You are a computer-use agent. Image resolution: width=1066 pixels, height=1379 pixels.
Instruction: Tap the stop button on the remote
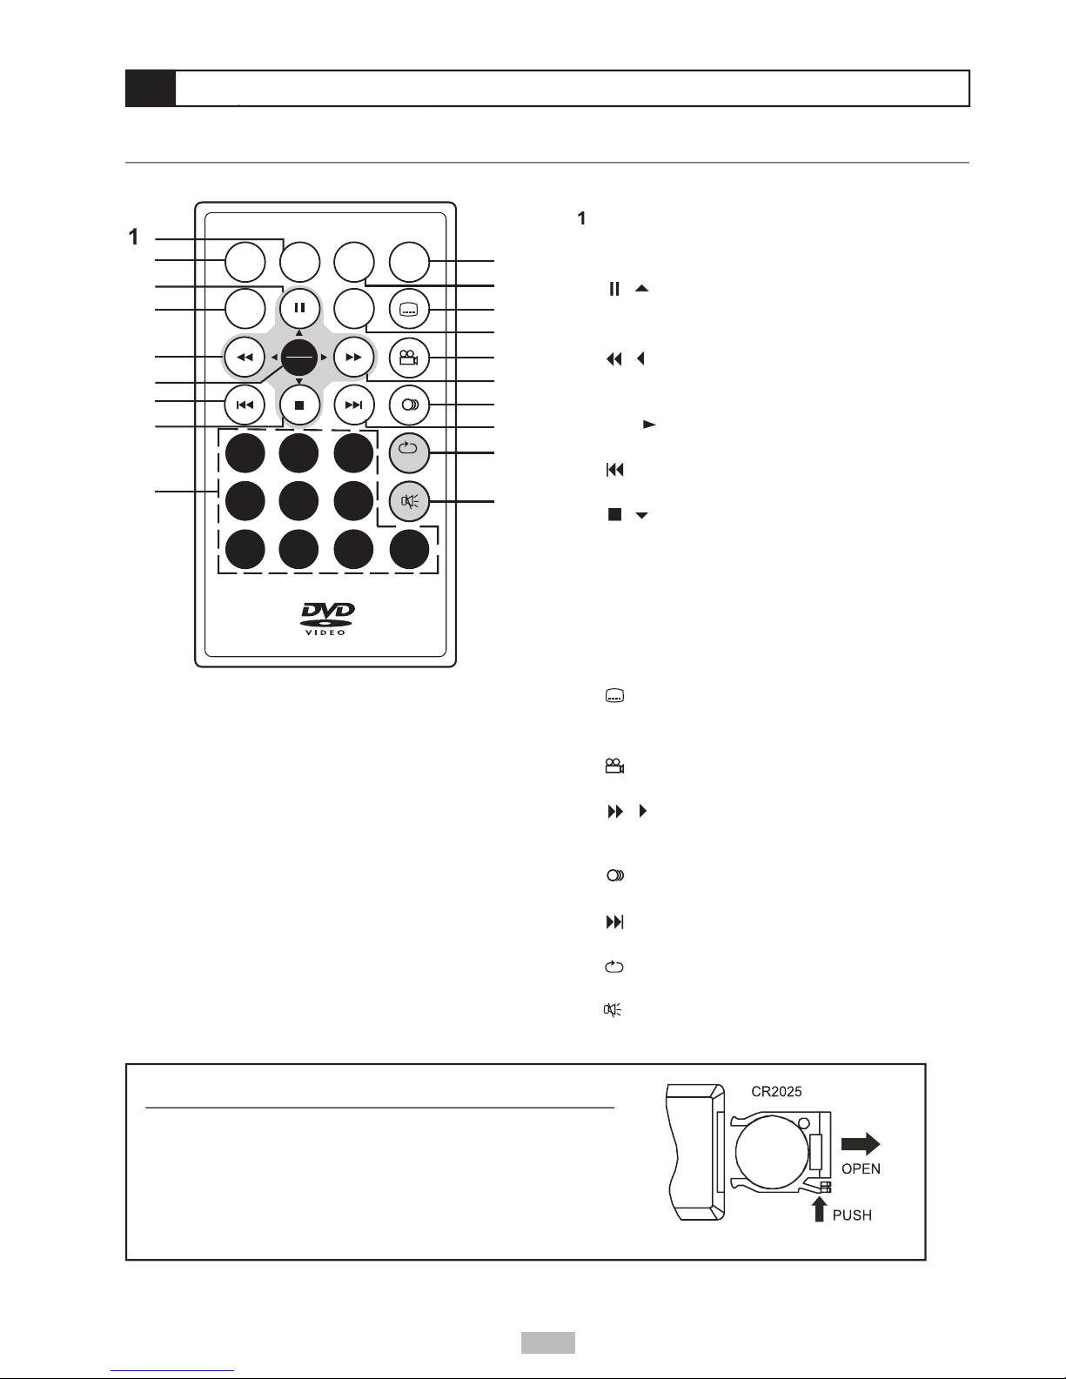pos(299,405)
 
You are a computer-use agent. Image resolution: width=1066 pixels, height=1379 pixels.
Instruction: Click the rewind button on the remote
pos(245,358)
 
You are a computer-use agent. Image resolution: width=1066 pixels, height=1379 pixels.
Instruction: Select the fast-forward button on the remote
pos(353,358)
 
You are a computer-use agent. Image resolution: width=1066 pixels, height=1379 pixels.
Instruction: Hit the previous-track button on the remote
pos(245,405)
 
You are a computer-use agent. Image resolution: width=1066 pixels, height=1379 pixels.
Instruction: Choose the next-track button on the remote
pos(353,405)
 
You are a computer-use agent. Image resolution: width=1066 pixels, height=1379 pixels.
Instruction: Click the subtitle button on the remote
pos(409,310)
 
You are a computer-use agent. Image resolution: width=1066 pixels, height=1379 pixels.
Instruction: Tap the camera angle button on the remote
pos(409,358)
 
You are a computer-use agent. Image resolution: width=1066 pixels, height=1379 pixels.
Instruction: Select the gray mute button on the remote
pos(409,501)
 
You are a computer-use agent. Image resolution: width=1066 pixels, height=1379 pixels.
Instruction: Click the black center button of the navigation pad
pos(298,358)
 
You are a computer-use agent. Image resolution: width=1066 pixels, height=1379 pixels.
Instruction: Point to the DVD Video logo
pos(327,619)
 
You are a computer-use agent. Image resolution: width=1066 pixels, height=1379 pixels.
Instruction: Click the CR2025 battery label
pos(776,1092)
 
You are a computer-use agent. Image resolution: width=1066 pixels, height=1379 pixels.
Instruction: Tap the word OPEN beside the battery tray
pos(861,1169)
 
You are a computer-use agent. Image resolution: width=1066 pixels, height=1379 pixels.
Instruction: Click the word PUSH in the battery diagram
pos(852,1215)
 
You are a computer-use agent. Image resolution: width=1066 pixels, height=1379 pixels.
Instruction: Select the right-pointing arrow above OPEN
pos(861,1143)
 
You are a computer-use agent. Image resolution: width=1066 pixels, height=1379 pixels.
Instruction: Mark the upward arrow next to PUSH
pos(820,1209)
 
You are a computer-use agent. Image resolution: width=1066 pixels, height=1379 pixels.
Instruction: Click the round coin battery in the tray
pos(772,1152)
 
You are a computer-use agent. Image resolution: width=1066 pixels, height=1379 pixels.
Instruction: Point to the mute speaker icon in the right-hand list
pos(613,1009)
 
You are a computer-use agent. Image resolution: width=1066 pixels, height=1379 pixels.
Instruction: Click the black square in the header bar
pos(151,88)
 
